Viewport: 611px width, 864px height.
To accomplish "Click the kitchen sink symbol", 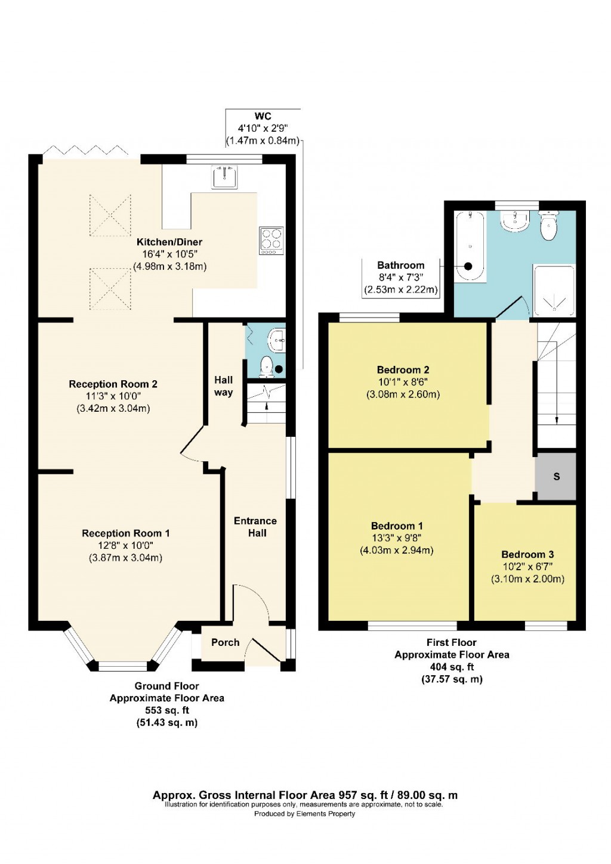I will (225, 177).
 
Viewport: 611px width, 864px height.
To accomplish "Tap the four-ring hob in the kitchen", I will (271, 241).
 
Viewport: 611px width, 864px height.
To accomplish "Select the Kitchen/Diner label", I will (169, 242).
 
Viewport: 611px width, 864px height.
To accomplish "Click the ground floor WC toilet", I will (267, 366).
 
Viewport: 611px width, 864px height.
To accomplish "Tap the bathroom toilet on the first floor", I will (548, 226).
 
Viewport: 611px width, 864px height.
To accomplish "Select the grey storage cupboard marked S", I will (556, 476).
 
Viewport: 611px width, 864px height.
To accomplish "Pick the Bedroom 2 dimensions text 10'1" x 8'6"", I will (403, 382).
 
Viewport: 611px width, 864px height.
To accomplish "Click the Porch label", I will (225, 642).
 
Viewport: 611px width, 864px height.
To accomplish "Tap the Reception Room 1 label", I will (126, 533).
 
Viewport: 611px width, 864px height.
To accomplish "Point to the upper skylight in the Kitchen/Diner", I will (110, 215).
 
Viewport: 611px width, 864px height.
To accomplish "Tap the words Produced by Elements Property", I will (304, 813).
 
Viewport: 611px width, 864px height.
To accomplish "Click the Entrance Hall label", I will (256, 527).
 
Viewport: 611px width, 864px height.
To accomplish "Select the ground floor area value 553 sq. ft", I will (167, 710).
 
